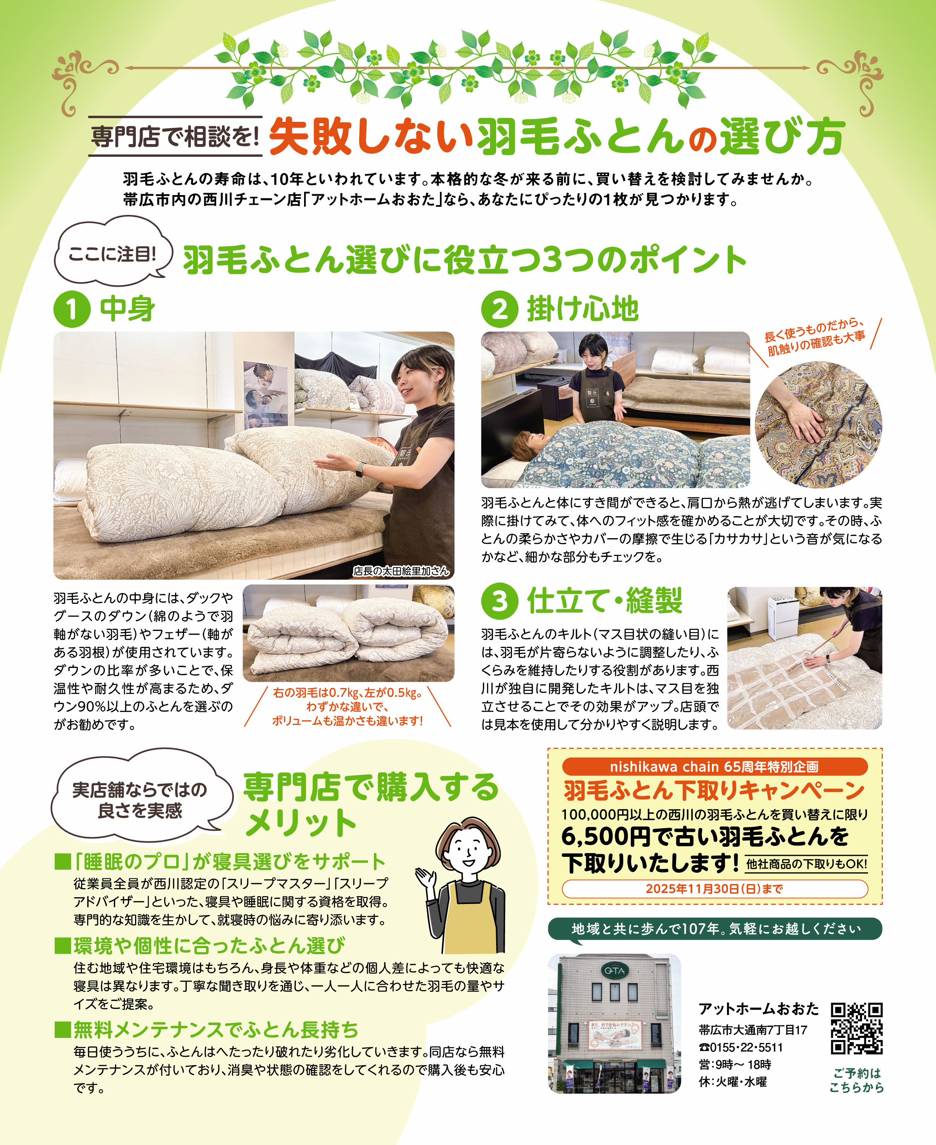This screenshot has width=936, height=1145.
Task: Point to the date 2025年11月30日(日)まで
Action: click(715, 889)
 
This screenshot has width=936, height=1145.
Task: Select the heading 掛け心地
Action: click(583, 309)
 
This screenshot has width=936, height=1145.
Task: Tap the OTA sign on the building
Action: click(614, 971)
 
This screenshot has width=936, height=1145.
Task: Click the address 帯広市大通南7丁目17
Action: click(753, 1030)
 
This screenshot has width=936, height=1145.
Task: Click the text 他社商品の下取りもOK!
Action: click(807, 864)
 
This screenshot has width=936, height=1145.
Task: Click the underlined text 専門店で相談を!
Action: click(175, 137)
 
